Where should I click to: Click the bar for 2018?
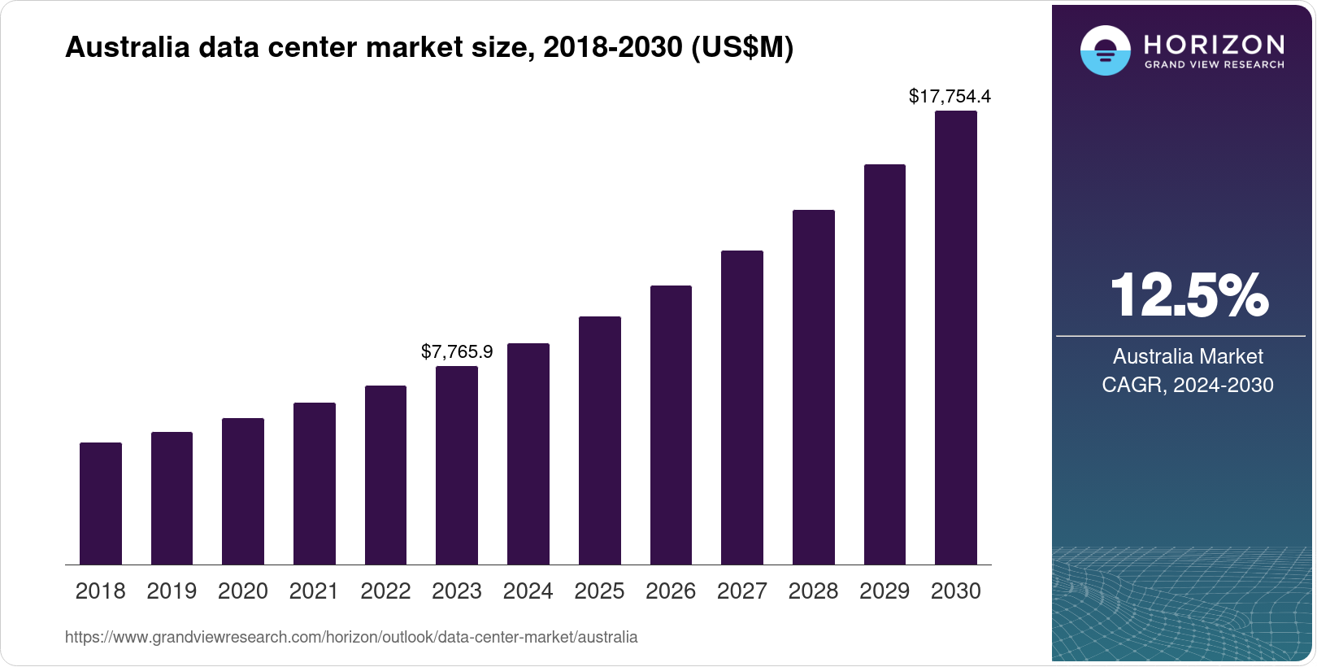click(x=101, y=504)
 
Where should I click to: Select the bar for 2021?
click(x=315, y=483)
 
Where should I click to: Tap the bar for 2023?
click(x=457, y=465)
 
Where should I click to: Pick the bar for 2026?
click(x=671, y=425)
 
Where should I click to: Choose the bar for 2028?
click(x=813, y=387)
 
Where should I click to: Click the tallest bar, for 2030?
click(x=956, y=338)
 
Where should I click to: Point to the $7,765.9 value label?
click(x=457, y=351)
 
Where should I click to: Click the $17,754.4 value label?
click(x=950, y=97)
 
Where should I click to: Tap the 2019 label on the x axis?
click(x=172, y=591)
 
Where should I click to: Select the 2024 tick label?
click(x=528, y=591)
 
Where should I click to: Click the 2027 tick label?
click(x=741, y=591)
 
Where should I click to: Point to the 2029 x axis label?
click(x=885, y=591)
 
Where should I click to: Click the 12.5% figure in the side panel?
click(x=1188, y=294)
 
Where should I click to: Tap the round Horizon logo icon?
click(x=1105, y=50)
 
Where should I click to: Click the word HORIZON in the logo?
click(x=1214, y=44)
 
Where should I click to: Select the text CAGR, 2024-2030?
click(x=1188, y=385)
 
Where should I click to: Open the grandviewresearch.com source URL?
click(x=351, y=638)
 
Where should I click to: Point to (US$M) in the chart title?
click(x=741, y=47)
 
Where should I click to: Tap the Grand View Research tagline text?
click(x=1214, y=64)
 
